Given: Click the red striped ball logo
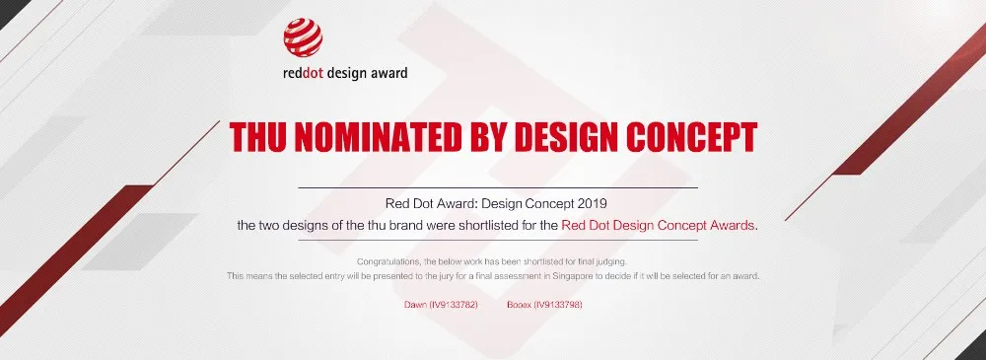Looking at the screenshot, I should point(302,37).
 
